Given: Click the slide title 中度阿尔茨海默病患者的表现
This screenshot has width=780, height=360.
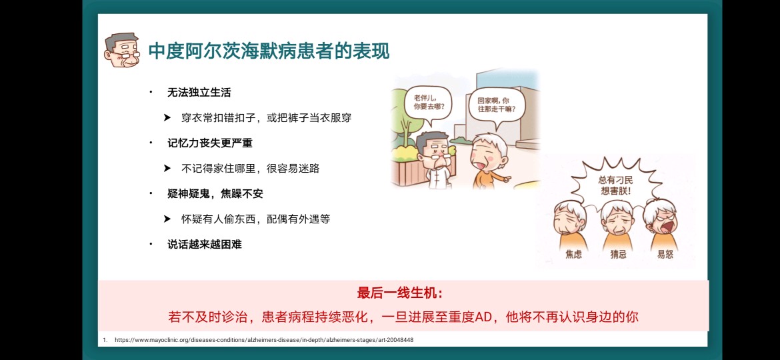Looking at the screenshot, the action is (269, 51).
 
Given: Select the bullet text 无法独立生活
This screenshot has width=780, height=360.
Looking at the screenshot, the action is (199, 93).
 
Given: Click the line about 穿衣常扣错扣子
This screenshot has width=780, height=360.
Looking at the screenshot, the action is (267, 118).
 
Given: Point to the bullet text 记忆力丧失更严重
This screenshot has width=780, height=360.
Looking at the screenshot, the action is (210, 143).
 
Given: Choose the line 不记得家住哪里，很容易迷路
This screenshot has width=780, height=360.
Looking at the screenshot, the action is (250, 169).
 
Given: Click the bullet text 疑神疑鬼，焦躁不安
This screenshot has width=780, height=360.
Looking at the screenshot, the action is (215, 194).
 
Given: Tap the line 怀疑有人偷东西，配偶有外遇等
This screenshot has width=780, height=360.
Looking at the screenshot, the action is (256, 219).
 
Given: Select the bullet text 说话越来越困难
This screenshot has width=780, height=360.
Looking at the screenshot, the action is (205, 244).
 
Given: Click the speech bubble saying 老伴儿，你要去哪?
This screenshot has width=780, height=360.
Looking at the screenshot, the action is (428, 103).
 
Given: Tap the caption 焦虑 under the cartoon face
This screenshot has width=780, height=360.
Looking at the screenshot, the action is (573, 255).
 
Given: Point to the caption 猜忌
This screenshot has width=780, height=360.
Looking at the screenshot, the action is (618, 255).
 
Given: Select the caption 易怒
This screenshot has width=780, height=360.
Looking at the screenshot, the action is (665, 255).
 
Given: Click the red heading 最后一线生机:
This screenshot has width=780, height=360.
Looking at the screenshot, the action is (399, 293).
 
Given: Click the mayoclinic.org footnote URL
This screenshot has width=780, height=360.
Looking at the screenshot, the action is (263, 340).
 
